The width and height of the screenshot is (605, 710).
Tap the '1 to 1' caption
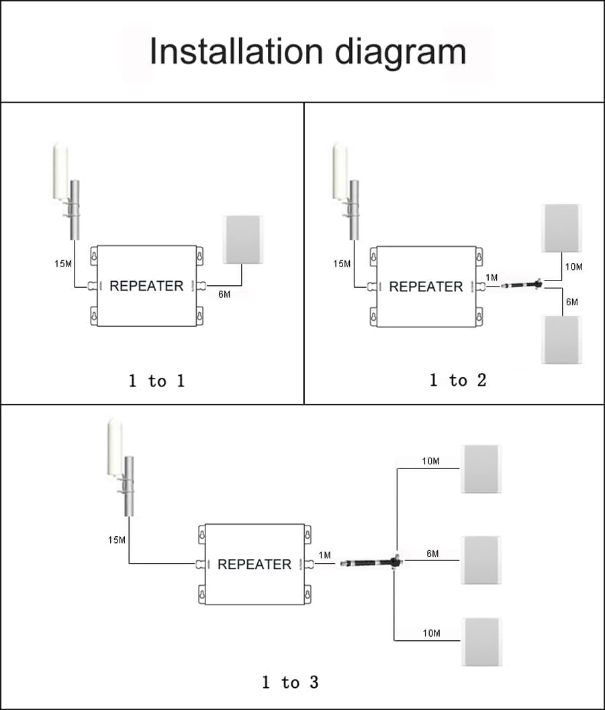156,381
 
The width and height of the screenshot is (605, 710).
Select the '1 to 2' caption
458,381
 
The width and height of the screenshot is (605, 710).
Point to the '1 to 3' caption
290,682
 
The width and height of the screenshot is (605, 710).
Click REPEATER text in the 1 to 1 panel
146,286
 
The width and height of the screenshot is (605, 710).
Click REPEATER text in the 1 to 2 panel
426,287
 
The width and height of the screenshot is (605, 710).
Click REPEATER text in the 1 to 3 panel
254,564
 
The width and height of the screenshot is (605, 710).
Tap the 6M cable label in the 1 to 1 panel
224,295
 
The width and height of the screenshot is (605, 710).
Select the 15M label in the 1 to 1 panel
63,264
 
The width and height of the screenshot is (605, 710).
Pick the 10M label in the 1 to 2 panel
573,267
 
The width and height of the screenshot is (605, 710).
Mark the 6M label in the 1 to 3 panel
432,554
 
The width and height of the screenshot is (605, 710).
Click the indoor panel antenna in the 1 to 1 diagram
242,239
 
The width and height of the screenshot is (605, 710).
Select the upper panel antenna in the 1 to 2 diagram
561,228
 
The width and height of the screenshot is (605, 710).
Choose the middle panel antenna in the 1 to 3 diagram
481,560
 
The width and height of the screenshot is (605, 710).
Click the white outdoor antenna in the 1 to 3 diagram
115,446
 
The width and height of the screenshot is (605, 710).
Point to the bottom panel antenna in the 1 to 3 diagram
481,642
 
